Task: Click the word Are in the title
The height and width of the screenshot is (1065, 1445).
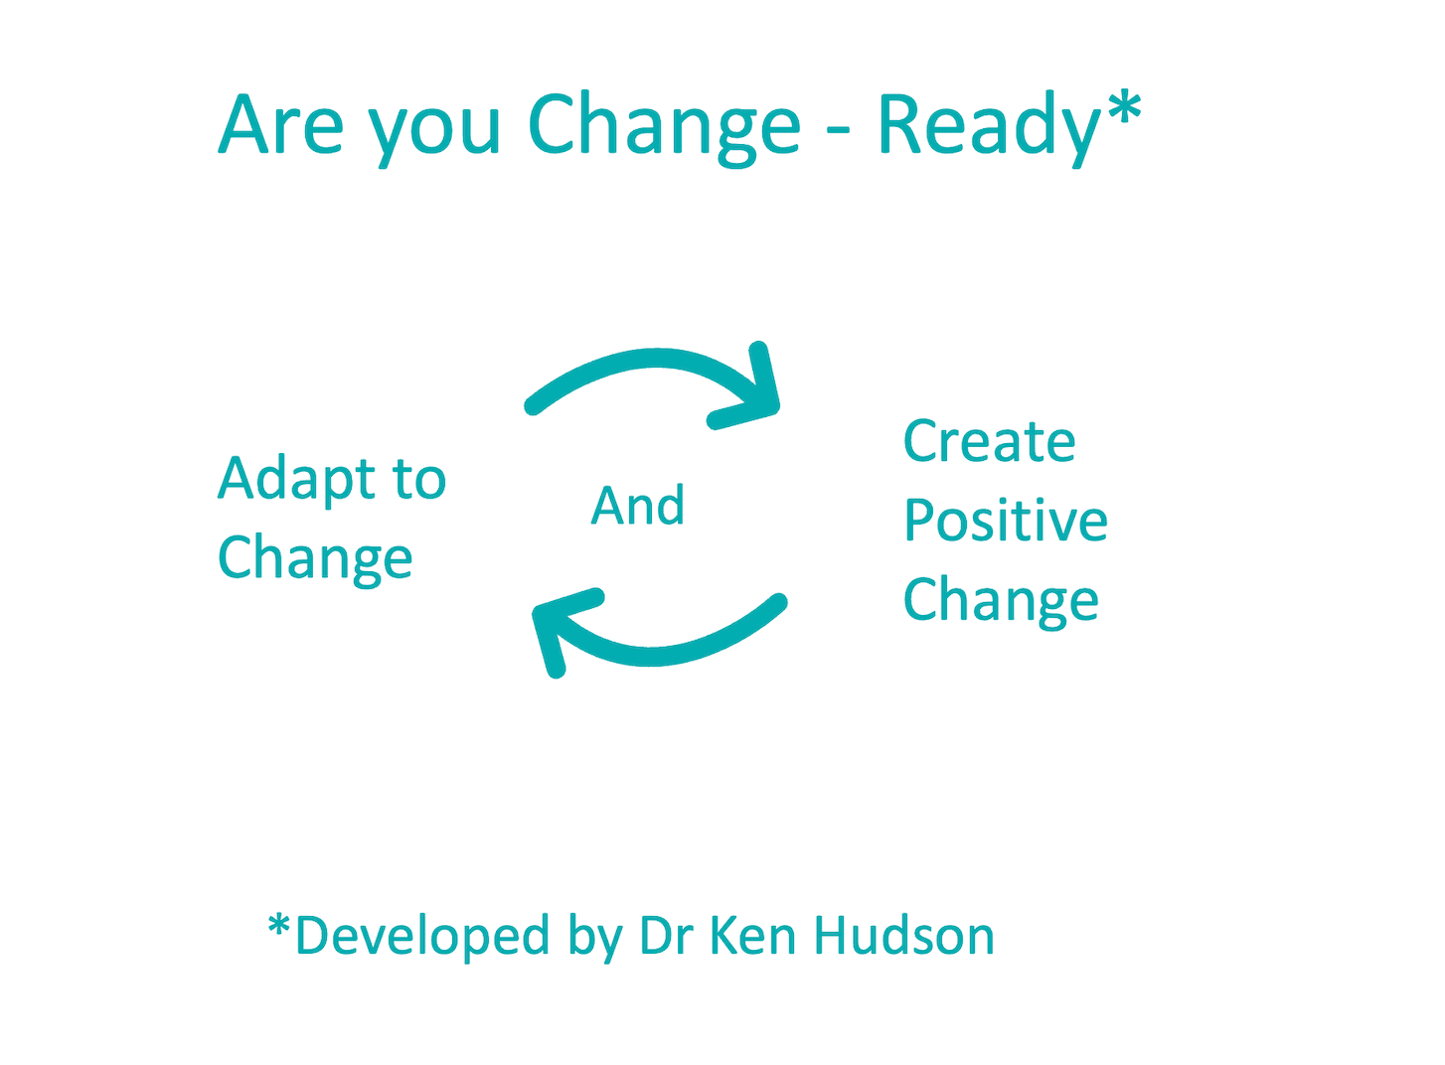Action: coord(281,124)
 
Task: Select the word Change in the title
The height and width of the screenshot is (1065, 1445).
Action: coord(665,129)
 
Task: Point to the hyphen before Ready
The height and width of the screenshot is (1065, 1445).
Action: coord(838,130)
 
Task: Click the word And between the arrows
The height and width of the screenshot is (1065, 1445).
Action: coord(637,507)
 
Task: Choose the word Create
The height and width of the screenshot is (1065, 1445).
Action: coord(990,442)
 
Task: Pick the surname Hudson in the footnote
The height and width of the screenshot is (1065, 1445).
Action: coord(903,935)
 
